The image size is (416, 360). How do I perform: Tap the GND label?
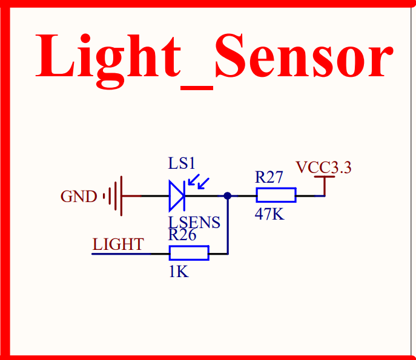[x=78, y=197]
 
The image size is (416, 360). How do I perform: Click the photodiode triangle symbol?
[x=177, y=195]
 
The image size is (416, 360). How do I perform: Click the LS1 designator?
[x=182, y=164]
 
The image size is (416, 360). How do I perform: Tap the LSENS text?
[x=194, y=223]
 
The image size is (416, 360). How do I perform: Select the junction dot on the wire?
[x=227, y=195]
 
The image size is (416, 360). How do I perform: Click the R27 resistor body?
[x=276, y=195]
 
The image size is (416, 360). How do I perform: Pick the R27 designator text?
[x=269, y=177]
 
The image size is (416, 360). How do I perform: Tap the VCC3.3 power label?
[x=323, y=168]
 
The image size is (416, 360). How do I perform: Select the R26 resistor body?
[x=189, y=253]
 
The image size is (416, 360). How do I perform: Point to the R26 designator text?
[x=182, y=235]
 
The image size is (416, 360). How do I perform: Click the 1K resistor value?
[x=179, y=272]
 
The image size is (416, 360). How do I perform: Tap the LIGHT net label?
[x=118, y=244]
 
